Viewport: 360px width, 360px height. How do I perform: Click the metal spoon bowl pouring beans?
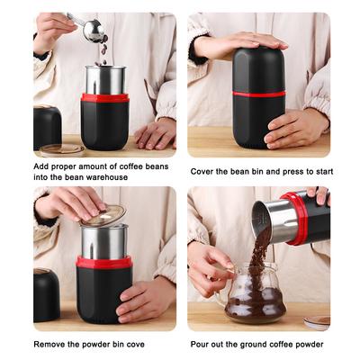pyautogui.click(x=94, y=31)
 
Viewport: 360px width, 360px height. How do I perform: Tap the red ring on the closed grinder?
pyautogui.click(x=259, y=94)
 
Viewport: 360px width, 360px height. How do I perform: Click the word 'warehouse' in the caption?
pyautogui.click(x=107, y=177)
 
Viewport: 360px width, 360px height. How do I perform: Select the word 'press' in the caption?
pyautogui.click(x=292, y=172)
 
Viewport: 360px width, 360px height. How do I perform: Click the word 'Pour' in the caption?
pyautogui.click(x=200, y=344)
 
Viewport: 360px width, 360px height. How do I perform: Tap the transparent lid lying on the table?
pyautogui.click(x=62, y=150)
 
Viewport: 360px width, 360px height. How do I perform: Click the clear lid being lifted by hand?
pyautogui.click(x=103, y=216)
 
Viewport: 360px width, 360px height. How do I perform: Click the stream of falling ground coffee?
pyautogui.click(x=258, y=258)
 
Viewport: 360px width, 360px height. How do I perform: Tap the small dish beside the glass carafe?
pyautogui.click(x=317, y=322)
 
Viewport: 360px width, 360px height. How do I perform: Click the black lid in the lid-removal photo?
pyautogui.click(x=47, y=294)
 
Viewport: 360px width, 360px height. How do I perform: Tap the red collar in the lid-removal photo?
pyautogui.click(x=103, y=262)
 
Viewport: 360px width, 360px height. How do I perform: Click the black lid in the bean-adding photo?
pyautogui.click(x=47, y=128)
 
